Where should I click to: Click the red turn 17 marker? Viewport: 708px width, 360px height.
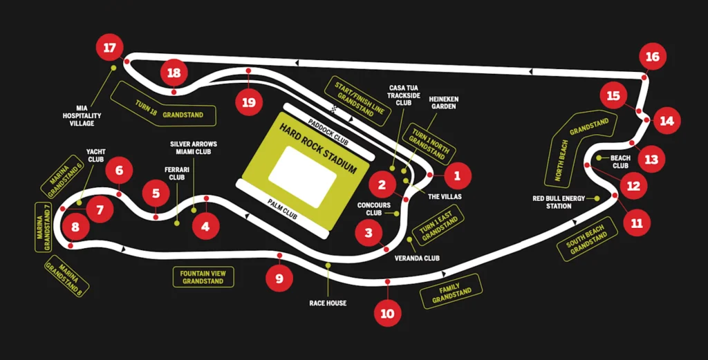(x=109, y=48)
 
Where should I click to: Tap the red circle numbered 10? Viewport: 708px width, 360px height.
(x=387, y=313)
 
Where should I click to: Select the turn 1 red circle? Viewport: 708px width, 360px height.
(x=456, y=176)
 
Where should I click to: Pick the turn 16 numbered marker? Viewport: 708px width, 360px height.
(x=652, y=57)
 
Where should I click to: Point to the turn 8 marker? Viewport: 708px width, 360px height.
(x=75, y=227)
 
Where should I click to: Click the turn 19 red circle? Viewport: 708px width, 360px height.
(x=249, y=102)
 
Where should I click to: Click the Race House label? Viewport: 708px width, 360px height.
(x=328, y=303)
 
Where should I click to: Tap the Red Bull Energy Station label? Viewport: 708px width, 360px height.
(x=559, y=202)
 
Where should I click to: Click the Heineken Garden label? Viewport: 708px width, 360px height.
(x=443, y=103)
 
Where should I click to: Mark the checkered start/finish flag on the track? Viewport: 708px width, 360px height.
(x=335, y=108)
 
